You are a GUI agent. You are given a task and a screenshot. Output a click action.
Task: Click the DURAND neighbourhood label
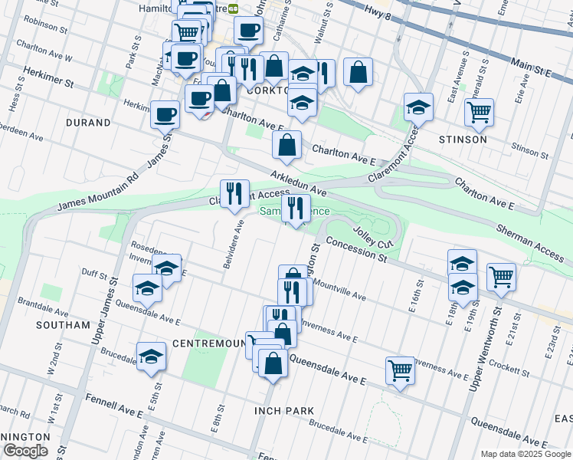click(x=88, y=122)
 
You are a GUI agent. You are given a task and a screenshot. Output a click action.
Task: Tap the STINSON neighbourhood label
click(x=463, y=140)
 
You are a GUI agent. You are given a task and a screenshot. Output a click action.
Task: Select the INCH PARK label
click(x=284, y=411)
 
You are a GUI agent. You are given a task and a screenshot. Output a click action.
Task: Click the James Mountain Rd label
click(x=98, y=192)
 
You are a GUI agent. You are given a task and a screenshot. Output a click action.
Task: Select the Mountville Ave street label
click(x=339, y=291)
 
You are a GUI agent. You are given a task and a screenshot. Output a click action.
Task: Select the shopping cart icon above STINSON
click(x=479, y=113)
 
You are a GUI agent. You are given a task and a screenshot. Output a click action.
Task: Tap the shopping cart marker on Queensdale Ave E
click(x=401, y=371)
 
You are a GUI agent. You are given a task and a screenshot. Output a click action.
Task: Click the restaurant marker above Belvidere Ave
click(x=234, y=193)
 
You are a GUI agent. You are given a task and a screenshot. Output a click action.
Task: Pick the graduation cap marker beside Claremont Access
click(x=418, y=108)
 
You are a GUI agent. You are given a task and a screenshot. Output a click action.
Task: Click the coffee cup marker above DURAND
click(x=165, y=115)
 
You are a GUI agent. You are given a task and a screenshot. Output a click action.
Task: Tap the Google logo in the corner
click(x=25, y=451)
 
